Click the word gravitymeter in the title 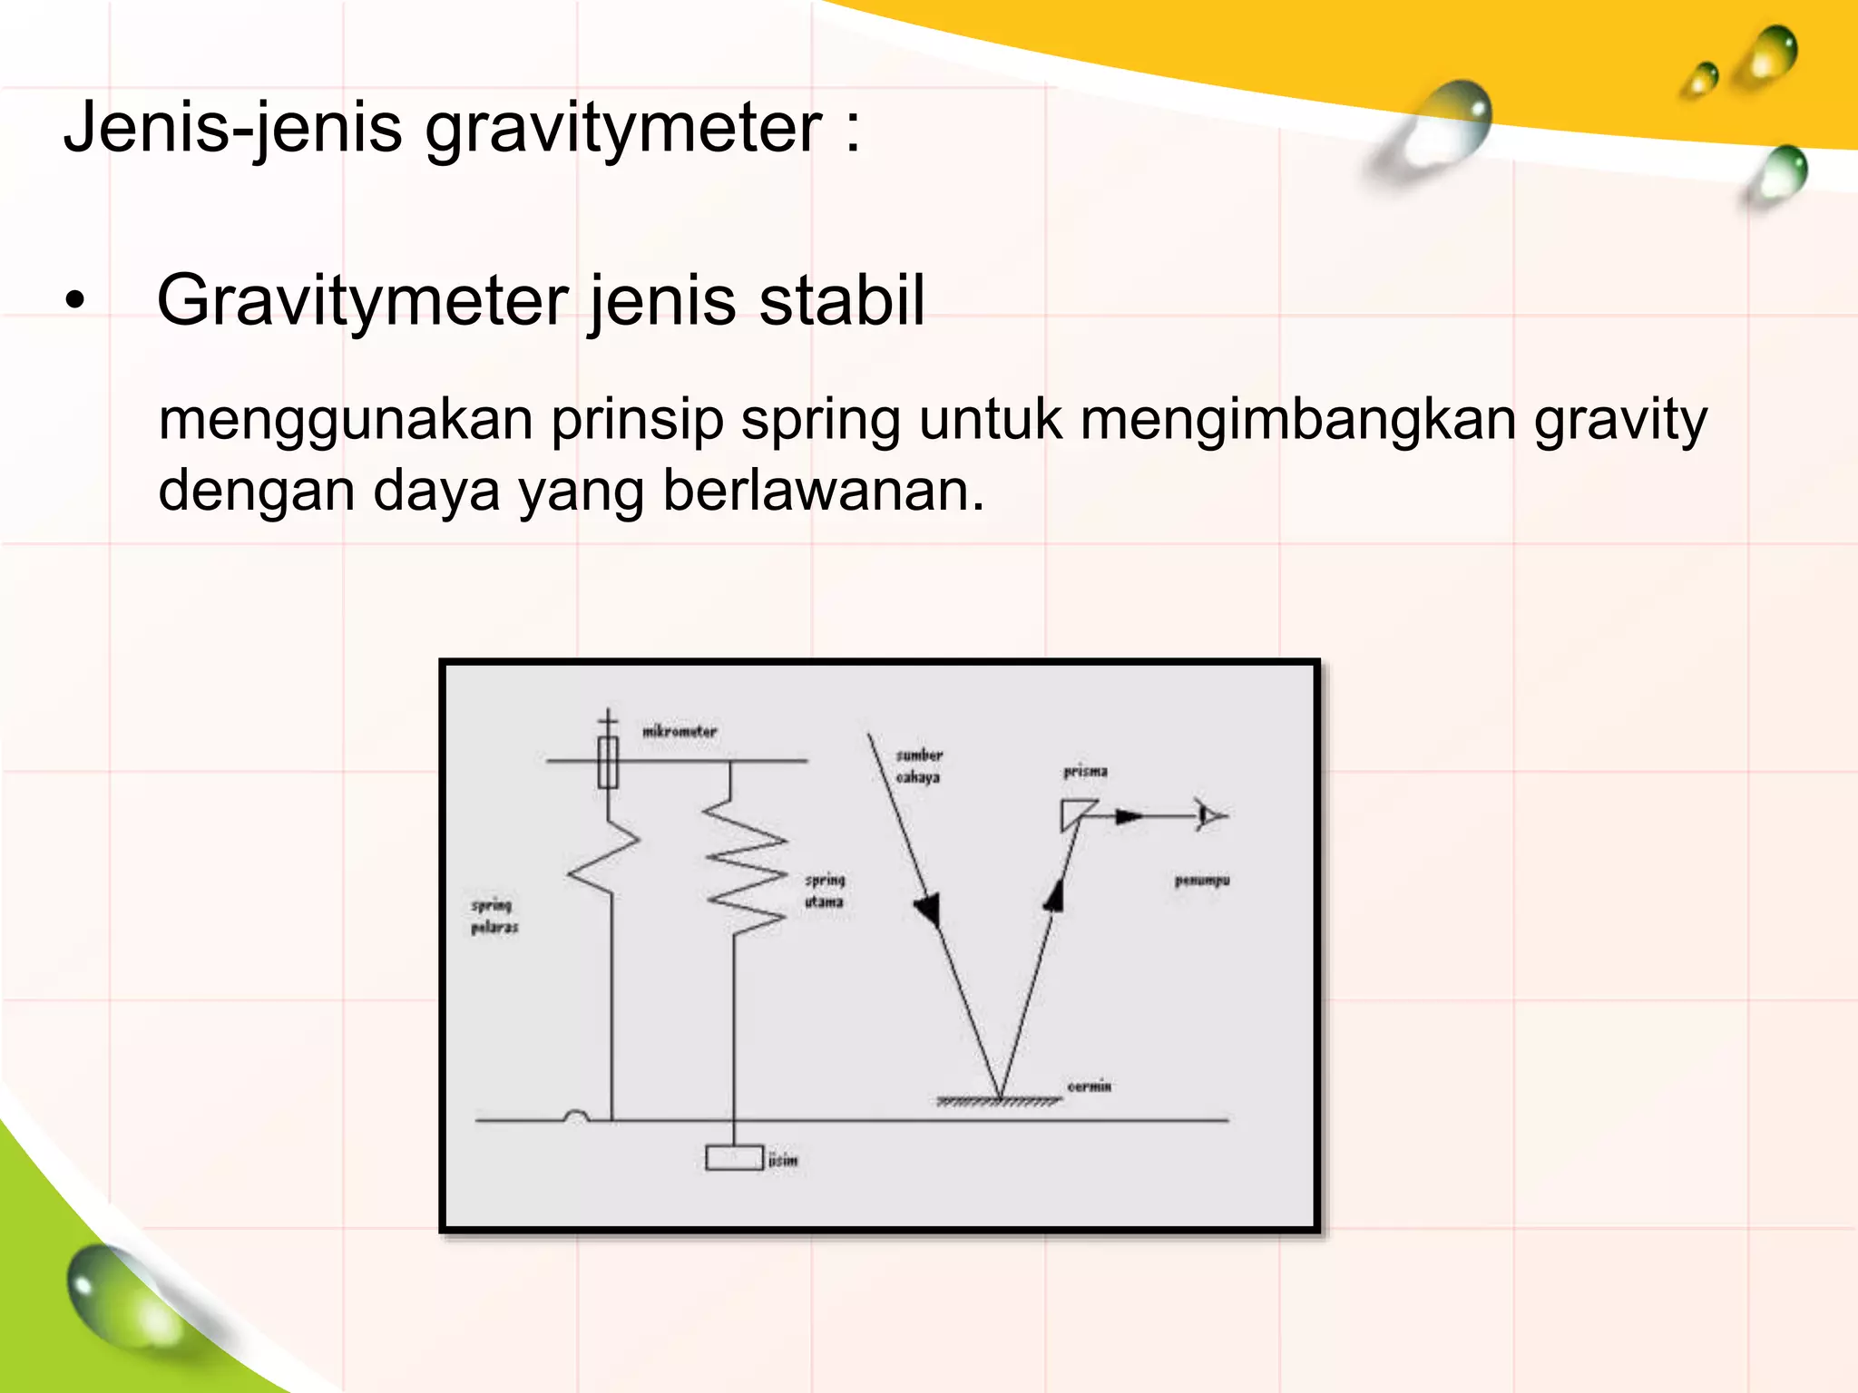[623, 129]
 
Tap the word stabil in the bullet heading [841, 301]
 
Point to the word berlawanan [823, 492]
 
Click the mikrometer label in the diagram [680, 731]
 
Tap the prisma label [1085, 772]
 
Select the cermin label [1089, 1086]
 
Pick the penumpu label [1202, 880]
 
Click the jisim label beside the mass [783, 1160]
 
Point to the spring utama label [825, 891]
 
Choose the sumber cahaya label [919, 766]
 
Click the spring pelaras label [494, 916]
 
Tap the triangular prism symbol [1076, 813]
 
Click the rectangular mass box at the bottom [734, 1158]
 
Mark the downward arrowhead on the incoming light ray [928, 908]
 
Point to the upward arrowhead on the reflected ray [1054, 896]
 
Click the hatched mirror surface [998, 1102]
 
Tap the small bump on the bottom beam [576, 1115]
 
